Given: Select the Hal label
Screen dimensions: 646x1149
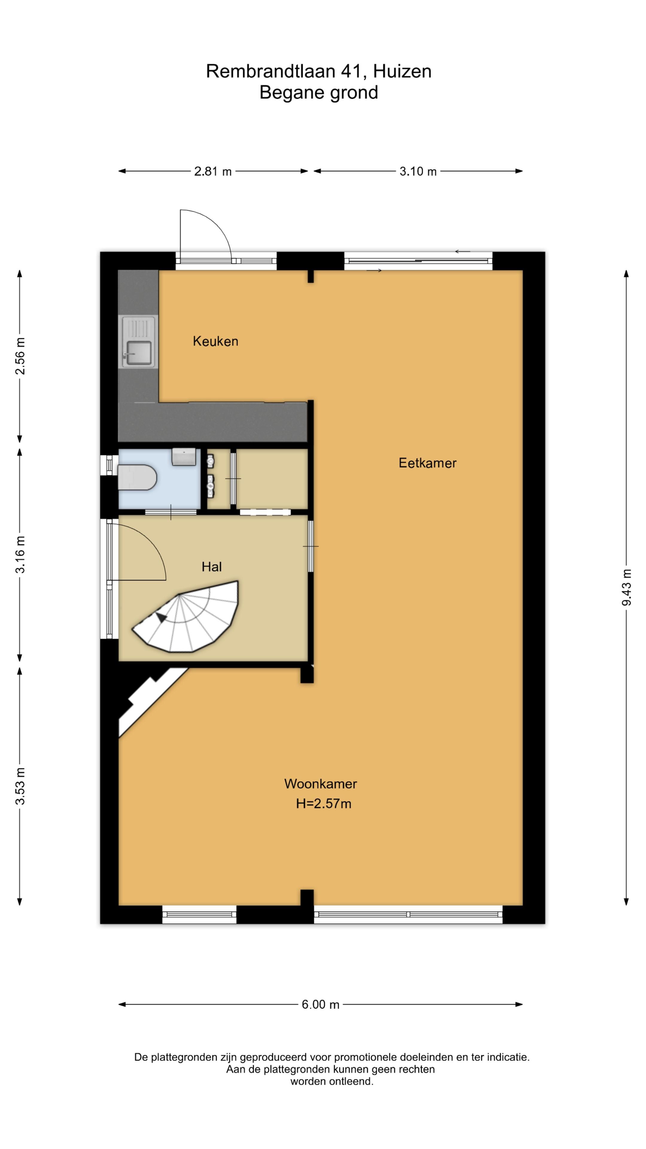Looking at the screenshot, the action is coord(212,567).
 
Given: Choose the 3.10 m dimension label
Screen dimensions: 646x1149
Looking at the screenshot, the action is coord(418,171).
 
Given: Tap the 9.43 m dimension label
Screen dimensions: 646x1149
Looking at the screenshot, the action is coord(627,587).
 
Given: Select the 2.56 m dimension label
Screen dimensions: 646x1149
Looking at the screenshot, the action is coord(20,356).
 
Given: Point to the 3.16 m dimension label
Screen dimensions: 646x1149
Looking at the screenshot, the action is coord(20,555).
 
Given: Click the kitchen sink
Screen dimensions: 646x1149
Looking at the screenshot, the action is coord(138,342).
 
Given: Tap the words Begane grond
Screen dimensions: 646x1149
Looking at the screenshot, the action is coord(319,93).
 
